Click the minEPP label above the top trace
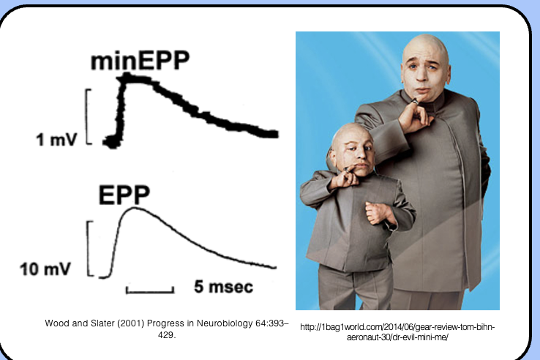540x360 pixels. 139,61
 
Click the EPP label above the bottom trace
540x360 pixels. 124,195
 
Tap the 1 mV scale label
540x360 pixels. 56,140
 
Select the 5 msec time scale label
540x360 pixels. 223,287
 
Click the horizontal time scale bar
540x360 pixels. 149,291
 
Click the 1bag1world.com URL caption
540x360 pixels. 397,331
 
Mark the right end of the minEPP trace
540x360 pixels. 275,134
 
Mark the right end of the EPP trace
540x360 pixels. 275,268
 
